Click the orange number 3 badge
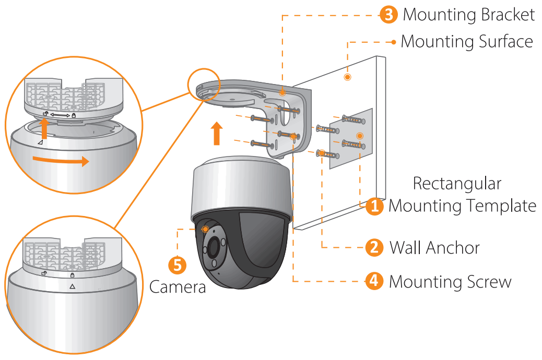pyautogui.click(x=388, y=15)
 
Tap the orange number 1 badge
pyautogui.click(x=374, y=206)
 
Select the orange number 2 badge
pyautogui.click(x=374, y=247)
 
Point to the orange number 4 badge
pyautogui.click(x=374, y=281)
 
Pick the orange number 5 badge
pyautogui.click(x=177, y=266)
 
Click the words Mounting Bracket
pyautogui.click(x=468, y=15)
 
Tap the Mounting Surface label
pyautogui.click(x=466, y=42)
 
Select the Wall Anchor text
pyautogui.click(x=434, y=247)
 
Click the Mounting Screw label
pyautogui.click(x=450, y=282)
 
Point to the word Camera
pyautogui.click(x=178, y=287)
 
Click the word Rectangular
pyautogui.click(x=457, y=184)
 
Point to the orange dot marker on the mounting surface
pyautogui.click(x=347, y=77)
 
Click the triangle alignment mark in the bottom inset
pyautogui.click(x=72, y=286)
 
